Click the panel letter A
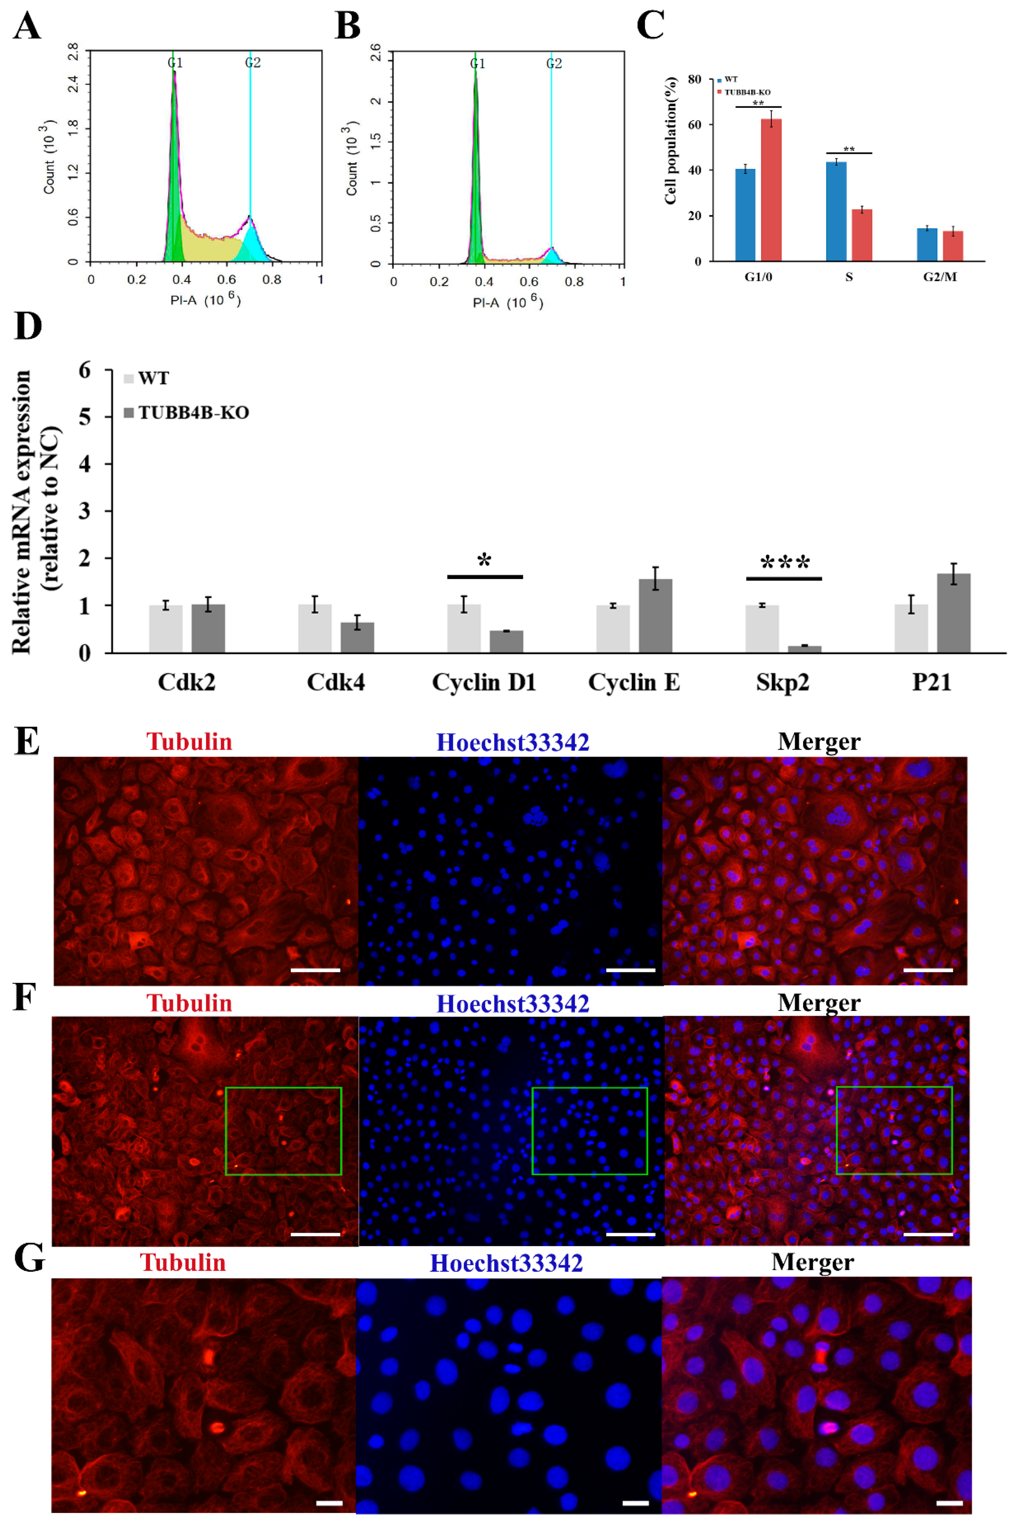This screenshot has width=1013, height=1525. pyautogui.click(x=27, y=27)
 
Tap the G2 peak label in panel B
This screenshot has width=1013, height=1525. pyautogui.click(x=554, y=63)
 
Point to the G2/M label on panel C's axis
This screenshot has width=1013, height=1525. pyautogui.click(x=940, y=277)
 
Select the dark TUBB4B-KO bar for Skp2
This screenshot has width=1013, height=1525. pyautogui.click(x=804, y=649)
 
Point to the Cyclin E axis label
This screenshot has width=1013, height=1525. pyautogui.click(x=634, y=682)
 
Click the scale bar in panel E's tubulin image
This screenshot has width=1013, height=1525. pyautogui.click(x=315, y=970)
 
